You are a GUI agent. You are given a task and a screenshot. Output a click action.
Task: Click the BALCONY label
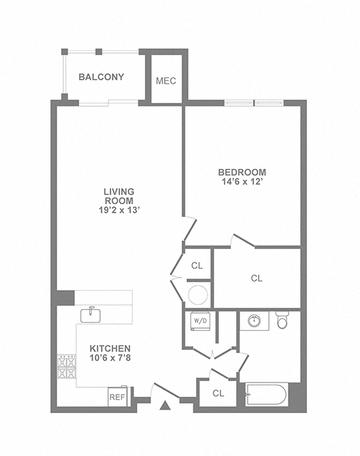(101, 77)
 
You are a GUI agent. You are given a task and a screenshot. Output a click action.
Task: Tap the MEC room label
(166, 80)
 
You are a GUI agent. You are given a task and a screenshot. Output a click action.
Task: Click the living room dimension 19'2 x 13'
(118, 210)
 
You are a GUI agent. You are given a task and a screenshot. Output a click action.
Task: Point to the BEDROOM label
(242, 172)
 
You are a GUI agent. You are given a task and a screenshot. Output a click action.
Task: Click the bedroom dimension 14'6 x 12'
(242, 182)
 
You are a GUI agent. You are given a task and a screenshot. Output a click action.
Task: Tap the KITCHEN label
(110, 348)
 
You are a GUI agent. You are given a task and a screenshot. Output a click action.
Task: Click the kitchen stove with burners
(67, 368)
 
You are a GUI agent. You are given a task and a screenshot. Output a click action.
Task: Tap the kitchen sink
(91, 314)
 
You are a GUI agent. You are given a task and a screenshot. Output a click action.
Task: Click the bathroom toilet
(282, 319)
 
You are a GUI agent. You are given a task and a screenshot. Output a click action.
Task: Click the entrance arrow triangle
(164, 406)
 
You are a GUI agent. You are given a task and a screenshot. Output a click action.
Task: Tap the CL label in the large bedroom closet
(257, 278)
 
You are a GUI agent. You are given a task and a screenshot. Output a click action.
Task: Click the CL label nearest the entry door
(218, 393)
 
